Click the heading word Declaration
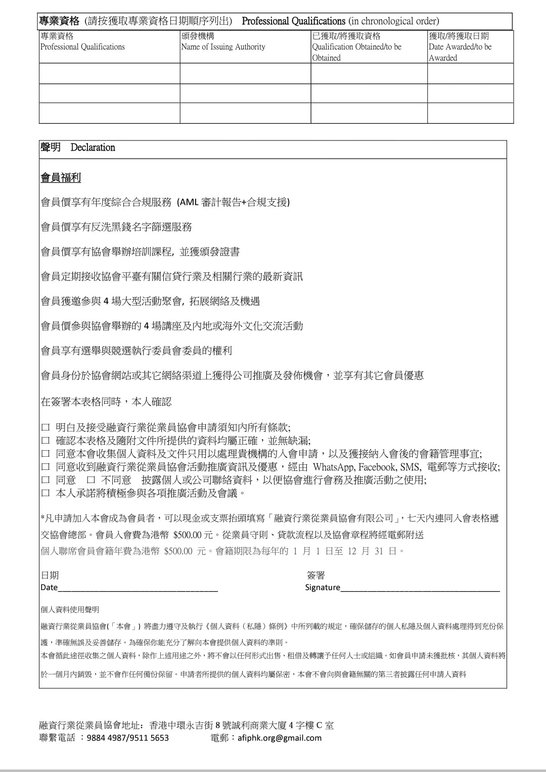pyautogui.click(x=93, y=148)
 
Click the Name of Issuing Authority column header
pyautogui.click(x=223, y=46)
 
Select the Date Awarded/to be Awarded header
pyautogui.click(x=460, y=47)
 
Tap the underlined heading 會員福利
pyautogui.click(x=61, y=178)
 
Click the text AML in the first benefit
pyautogui.click(x=189, y=203)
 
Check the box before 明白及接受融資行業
pyautogui.click(x=45, y=427)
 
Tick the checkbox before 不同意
pyautogui.click(x=91, y=480)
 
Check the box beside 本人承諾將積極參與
pyautogui.click(x=45, y=493)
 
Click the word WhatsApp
pyautogui.click(x=334, y=467)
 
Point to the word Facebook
pyautogui.click(x=377, y=467)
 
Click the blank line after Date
pyautogui.click(x=138, y=587)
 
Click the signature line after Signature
pyautogui.click(x=420, y=587)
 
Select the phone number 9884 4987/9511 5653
pyautogui.click(x=128, y=738)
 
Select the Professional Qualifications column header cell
pyautogui.click(x=82, y=46)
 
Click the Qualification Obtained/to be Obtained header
pyautogui.click(x=356, y=47)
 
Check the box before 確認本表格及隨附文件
pyautogui.click(x=45, y=441)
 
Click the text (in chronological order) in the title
pyautogui.click(x=393, y=21)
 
